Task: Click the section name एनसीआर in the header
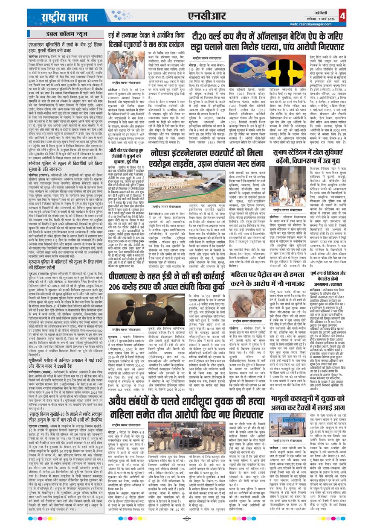(206, 16)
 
